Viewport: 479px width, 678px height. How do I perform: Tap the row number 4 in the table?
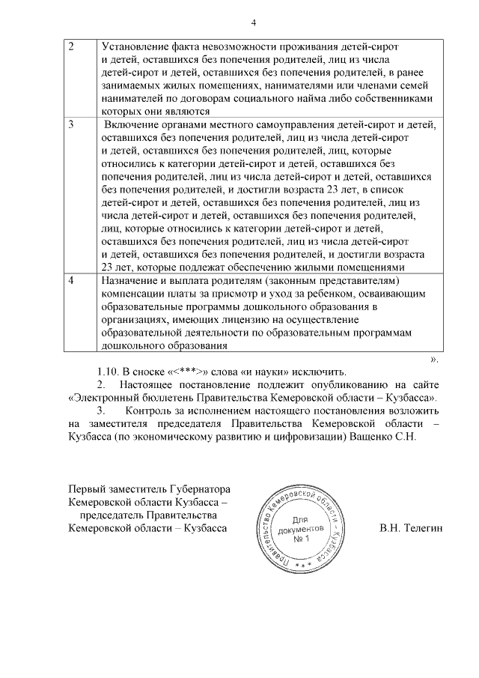[71, 279]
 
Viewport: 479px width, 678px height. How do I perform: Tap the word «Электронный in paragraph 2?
[104, 399]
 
